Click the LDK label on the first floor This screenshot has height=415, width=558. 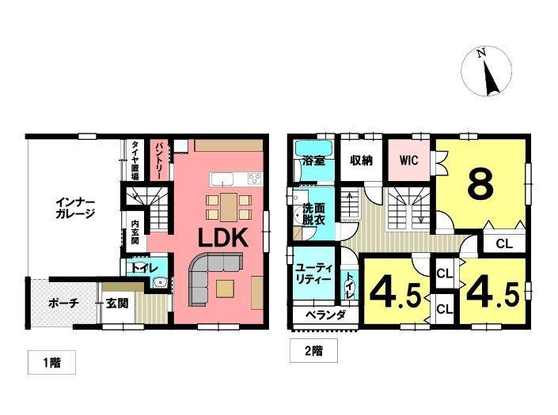[222, 238]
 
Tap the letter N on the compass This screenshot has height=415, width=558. [481, 53]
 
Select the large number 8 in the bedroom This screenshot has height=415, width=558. [480, 185]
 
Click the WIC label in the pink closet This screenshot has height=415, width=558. [409, 160]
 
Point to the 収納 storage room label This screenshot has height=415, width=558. [362, 160]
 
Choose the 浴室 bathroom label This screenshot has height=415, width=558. [313, 160]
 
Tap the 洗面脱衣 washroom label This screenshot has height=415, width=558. [313, 213]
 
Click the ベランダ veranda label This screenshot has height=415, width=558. [325, 315]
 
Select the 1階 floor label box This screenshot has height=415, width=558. [52, 363]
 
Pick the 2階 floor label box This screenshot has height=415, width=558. [314, 351]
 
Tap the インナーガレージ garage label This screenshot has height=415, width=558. [75, 208]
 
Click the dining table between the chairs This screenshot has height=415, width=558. [229, 207]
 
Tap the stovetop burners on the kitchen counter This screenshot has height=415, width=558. [255, 178]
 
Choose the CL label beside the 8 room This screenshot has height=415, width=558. [504, 244]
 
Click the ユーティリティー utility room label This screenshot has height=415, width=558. [313, 274]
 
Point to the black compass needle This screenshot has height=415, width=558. [490, 77]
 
